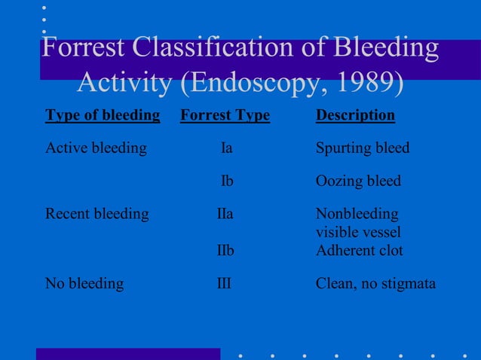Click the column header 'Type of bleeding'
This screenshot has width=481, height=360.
pyautogui.click(x=103, y=115)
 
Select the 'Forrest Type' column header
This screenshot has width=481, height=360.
pyautogui.click(x=225, y=115)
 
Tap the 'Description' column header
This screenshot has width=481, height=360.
pyautogui.click(x=355, y=115)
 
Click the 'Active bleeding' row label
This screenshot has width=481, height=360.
pyautogui.click(x=96, y=148)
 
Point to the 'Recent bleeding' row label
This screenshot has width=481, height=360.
pyautogui.click(x=97, y=214)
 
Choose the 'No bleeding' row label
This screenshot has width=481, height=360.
pyautogui.click(x=84, y=284)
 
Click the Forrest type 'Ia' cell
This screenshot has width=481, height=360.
pyautogui.click(x=226, y=148)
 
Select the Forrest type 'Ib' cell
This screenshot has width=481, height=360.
pyautogui.click(x=226, y=182)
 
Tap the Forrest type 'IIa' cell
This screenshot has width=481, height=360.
pyautogui.click(x=225, y=214)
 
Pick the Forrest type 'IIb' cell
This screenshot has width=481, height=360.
pyautogui.click(x=225, y=250)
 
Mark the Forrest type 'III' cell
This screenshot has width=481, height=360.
pyautogui.click(x=224, y=284)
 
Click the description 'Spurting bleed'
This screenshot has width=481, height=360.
pyautogui.click(x=363, y=148)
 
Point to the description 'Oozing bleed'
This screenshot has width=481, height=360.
pyautogui.click(x=358, y=182)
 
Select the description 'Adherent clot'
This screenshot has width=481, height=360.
pyautogui.click(x=359, y=250)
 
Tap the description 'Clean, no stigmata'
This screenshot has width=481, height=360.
pyautogui.click(x=375, y=284)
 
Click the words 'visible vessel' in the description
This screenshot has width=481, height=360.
pyautogui.click(x=358, y=232)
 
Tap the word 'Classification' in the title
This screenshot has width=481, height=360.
pyautogui.click(x=229, y=48)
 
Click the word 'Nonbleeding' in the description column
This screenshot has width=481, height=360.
pyautogui.click(x=357, y=214)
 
